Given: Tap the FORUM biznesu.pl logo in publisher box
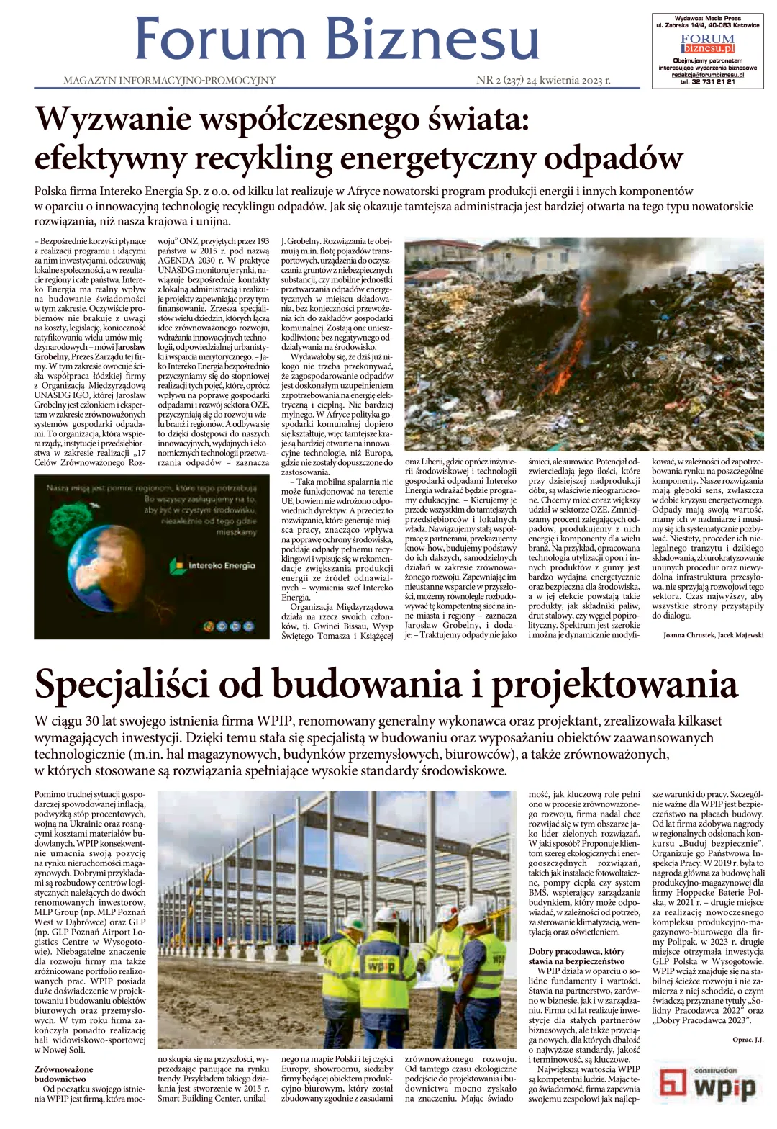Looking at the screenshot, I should [x=708, y=44].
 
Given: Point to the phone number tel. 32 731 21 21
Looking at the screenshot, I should [x=708, y=81].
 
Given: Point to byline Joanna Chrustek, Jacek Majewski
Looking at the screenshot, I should [x=713, y=635].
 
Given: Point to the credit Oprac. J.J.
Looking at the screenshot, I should [x=748, y=1040].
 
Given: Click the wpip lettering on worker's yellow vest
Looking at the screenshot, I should [x=379, y=964].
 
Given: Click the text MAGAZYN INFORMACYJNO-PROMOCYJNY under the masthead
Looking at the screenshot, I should [x=170, y=81].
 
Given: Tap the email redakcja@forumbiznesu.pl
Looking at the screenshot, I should [x=708, y=74].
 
